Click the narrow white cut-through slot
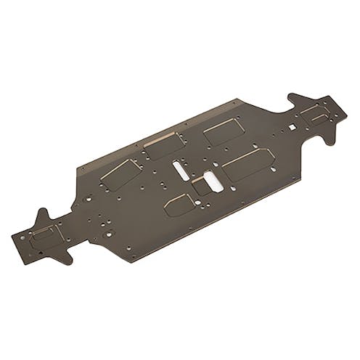180,169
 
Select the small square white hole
292,128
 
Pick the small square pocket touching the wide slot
200,187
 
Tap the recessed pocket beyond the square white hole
315,112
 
